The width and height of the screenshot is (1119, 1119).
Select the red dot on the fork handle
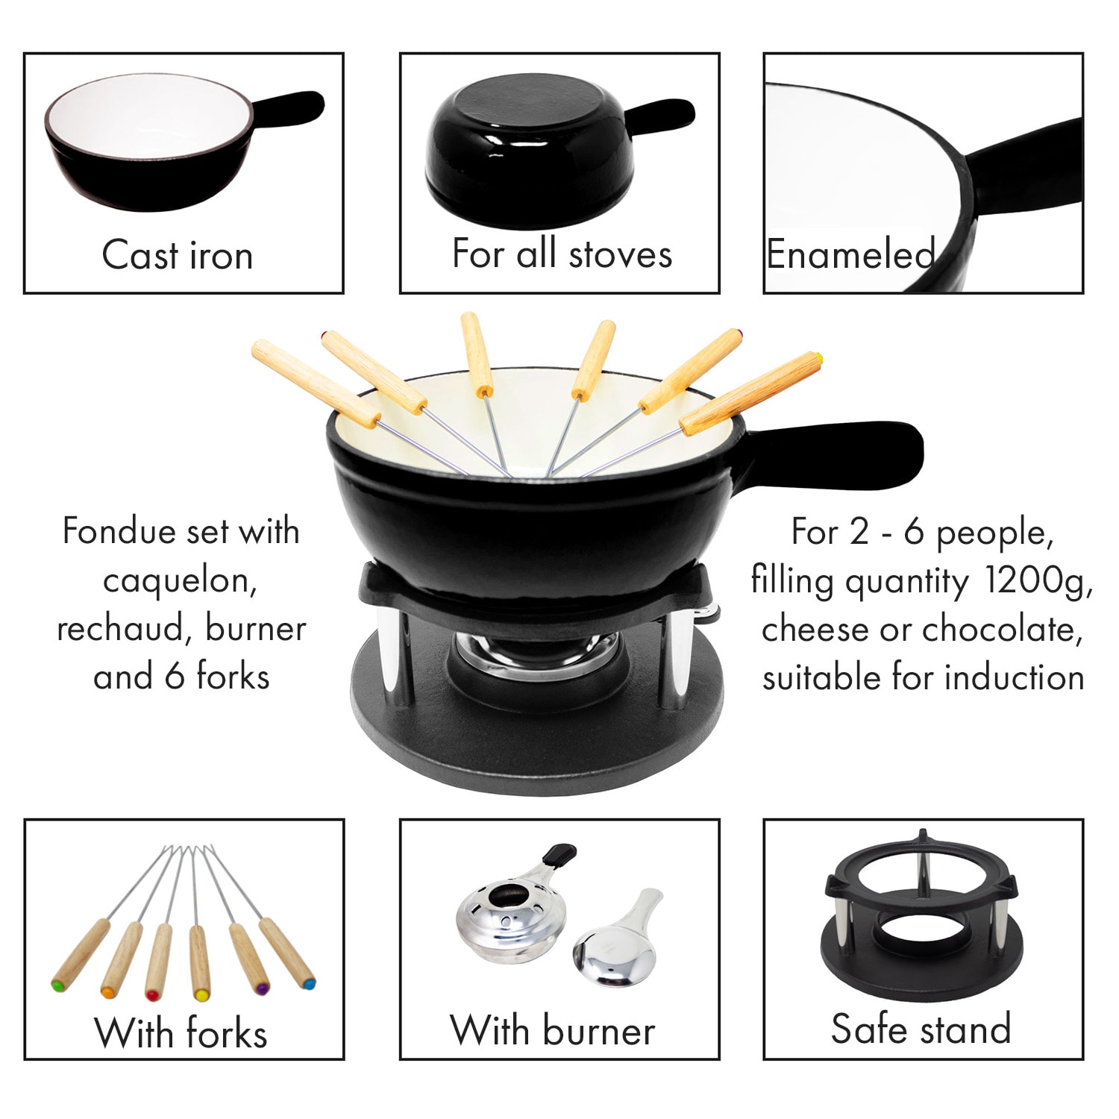click(x=151, y=994)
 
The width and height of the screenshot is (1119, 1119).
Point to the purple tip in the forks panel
click(x=261, y=988)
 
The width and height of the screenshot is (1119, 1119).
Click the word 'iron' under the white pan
click(x=222, y=255)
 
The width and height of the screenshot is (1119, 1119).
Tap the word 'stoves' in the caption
click(x=620, y=254)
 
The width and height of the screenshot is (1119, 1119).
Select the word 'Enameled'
click(x=850, y=254)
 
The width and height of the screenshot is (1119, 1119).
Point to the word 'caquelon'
click(x=181, y=581)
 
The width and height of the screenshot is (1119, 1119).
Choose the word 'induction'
click(x=1014, y=677)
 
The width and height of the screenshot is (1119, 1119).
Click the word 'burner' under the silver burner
click(x=599, y=1031)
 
